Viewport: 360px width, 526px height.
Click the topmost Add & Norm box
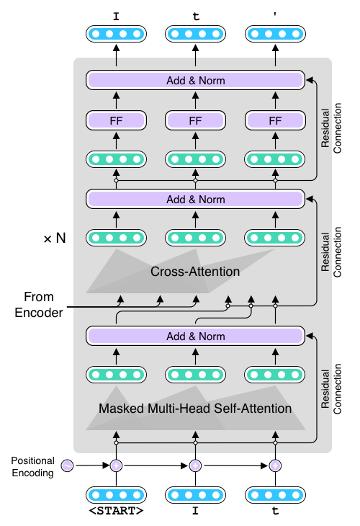click(195, 80)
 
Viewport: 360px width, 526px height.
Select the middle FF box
click(195, 120)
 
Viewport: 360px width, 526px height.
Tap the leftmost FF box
click(116, 120)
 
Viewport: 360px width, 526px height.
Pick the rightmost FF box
click(275, 120)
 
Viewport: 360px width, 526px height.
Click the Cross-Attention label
click(195, 272)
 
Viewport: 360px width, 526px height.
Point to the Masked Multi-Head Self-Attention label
click(195, 409)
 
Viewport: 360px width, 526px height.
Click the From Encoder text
click(39, 305)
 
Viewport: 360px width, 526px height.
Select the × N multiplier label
click(55, 239)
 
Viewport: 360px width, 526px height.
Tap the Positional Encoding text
click(33, 467)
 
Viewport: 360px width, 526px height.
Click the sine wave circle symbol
click(67, 465)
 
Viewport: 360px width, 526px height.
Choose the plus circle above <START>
click(117, 465)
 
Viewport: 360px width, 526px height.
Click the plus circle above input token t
click(275, 465)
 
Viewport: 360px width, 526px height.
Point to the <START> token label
click(116, 511)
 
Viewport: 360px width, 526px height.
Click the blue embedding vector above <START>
click(116, 495)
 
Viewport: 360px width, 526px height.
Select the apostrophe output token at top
click(275, 15)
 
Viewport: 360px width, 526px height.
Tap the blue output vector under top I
click(116, 34)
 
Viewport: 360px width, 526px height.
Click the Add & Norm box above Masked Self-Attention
click(195, 336)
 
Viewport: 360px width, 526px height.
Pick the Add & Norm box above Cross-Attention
click(195, 199)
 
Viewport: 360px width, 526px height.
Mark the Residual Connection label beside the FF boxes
click(331, 128)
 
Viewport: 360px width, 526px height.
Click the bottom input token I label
click(195, 511)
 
